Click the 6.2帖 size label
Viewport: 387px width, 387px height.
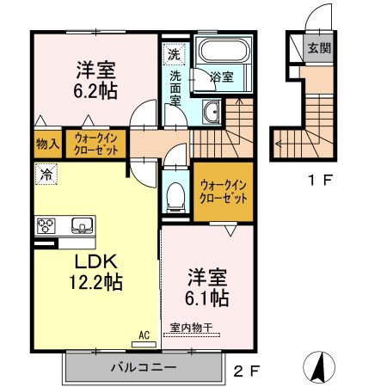pyautogui.click(x=95, y=89)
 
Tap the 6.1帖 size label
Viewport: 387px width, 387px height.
pyautogui.click(x=207, y=298)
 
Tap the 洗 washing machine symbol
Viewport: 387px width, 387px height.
pyautogui.click(x=175, y=53)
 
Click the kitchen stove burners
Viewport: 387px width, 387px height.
pyautogui.click(x=46, y=226)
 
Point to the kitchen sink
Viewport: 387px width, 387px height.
pyautogui.click(x=82, y=226)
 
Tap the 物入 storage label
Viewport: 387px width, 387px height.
pyautogui.click(x=48, y=144)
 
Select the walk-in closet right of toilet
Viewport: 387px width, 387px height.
pyautogui.click(x=223, y=191)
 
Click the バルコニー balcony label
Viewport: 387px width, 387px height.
pyautogui.click(x=142, y=367)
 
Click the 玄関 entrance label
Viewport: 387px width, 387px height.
pyautogui.click(x=319, y=48)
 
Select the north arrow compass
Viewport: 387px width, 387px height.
pyautogui.click(x=318, y=367)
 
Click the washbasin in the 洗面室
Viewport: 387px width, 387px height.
pyautogui.click(x=212, y=110)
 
